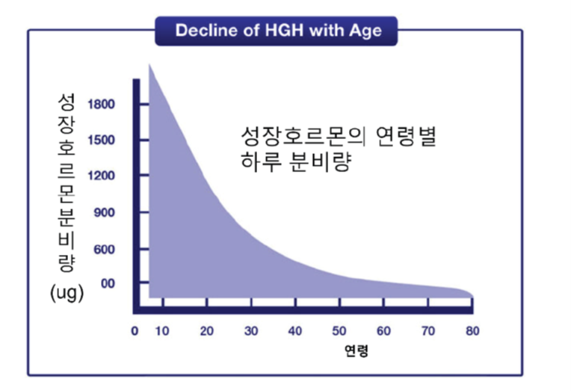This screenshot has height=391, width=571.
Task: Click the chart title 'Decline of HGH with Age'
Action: [279, 30]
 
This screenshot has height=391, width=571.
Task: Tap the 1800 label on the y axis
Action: [101, 104]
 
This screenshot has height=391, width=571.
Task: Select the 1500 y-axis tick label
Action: [101, 140]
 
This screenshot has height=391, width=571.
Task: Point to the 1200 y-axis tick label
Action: [101, 176]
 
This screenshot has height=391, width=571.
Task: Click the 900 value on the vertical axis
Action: [104, 212]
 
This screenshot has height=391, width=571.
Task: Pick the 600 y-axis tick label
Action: [104, 250]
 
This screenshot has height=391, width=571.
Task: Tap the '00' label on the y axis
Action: [108, 283]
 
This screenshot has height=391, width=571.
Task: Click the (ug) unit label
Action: [67, 292]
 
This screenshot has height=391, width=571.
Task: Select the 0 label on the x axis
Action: [135, 331]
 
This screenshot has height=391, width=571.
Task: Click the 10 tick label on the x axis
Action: [162, 331]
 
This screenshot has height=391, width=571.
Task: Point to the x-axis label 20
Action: [207, 331]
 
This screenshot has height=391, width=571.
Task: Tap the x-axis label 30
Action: [251, 331]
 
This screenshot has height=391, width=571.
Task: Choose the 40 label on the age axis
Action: [295, 331]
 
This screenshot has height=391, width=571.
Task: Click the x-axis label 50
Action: [339, 331]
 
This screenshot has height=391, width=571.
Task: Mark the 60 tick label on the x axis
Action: [384, 331]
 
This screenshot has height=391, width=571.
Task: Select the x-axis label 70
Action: [428, 331]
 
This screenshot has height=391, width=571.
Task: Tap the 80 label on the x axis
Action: [472, 331]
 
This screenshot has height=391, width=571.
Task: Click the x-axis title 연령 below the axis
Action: [357, 351]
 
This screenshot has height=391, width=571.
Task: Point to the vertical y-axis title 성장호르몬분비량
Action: [67, 183]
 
